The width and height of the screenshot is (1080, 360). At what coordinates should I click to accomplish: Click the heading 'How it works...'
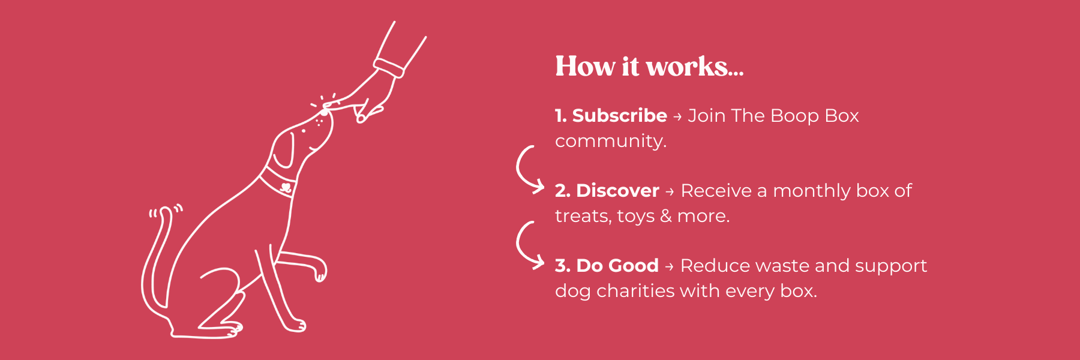coord(649,66)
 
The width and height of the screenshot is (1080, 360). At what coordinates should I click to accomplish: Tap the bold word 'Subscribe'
coord(620,115)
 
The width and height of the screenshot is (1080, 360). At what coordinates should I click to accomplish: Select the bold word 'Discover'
coord(617,190)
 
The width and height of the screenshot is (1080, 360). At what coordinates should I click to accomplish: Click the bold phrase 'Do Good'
coord(617,265)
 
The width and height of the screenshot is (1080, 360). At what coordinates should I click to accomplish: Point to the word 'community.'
coord(611,141)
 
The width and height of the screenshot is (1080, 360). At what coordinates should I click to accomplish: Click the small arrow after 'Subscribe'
coord(677,116)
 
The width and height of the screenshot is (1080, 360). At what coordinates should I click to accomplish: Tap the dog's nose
coord(325,112)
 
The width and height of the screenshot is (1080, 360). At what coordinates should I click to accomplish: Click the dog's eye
coord(303,131)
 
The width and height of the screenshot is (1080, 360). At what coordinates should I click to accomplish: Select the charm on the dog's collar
coord(286,187)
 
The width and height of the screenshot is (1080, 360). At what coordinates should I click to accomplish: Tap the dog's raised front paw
coord(320,269)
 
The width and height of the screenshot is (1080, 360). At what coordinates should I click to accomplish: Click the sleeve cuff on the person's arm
coord(389,68)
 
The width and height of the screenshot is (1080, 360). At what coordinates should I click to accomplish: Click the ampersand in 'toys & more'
coord(666,216)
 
